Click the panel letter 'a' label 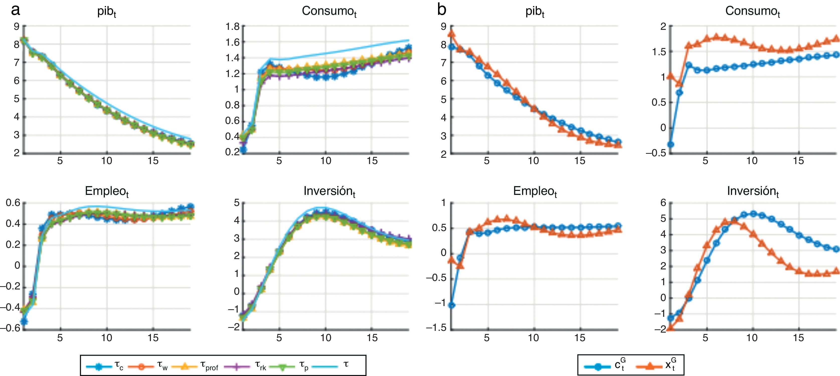[x=15, y=11]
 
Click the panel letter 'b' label [x=442, y=11]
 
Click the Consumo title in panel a [x=329, y=12]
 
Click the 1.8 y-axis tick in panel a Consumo [x=232, y=26]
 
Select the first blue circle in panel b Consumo [x=670, y=144]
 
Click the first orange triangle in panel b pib [x=452, y=33]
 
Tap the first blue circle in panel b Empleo [x=452, y=305]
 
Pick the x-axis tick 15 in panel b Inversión [x=799, y=338]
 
